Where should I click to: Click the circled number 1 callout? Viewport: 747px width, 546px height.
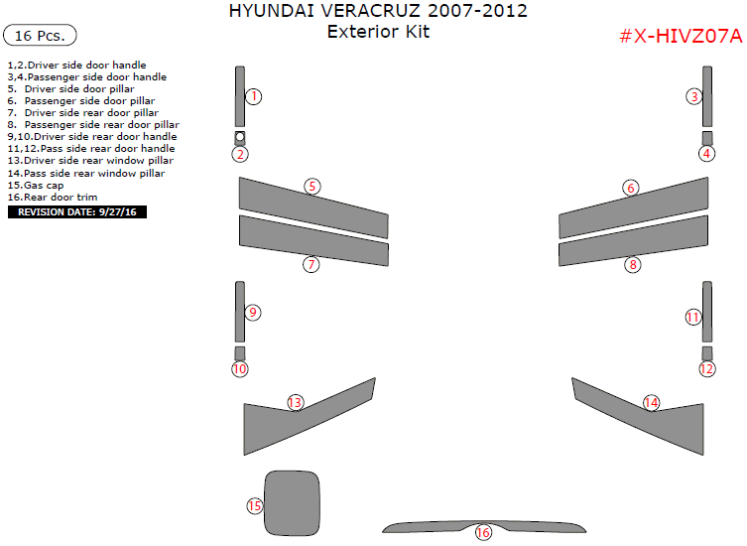[254, 96]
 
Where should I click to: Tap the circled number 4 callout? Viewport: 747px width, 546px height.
[706, 154]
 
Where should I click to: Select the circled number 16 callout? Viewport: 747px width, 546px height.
[483, 533]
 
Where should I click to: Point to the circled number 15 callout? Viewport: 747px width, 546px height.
[255, 506]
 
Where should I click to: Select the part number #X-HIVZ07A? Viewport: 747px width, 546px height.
[681, 36]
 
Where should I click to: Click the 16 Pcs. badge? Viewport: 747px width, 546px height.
[41, 36]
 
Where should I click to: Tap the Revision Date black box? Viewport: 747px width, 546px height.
[76, 211]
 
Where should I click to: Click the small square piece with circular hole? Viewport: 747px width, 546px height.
[240, 137]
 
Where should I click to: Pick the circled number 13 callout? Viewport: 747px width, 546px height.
[295, 402]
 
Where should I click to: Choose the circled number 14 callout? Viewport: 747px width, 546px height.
[651, 402]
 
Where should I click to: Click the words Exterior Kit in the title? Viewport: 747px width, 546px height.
[378, 32]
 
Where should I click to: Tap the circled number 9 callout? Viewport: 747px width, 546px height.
[253, 313]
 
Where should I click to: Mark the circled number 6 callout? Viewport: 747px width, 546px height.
[631, 188]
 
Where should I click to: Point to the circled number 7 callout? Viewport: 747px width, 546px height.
[311, 264]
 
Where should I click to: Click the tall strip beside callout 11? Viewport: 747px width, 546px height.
[706, 311]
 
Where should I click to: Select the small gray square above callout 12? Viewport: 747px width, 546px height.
[706, 353]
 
